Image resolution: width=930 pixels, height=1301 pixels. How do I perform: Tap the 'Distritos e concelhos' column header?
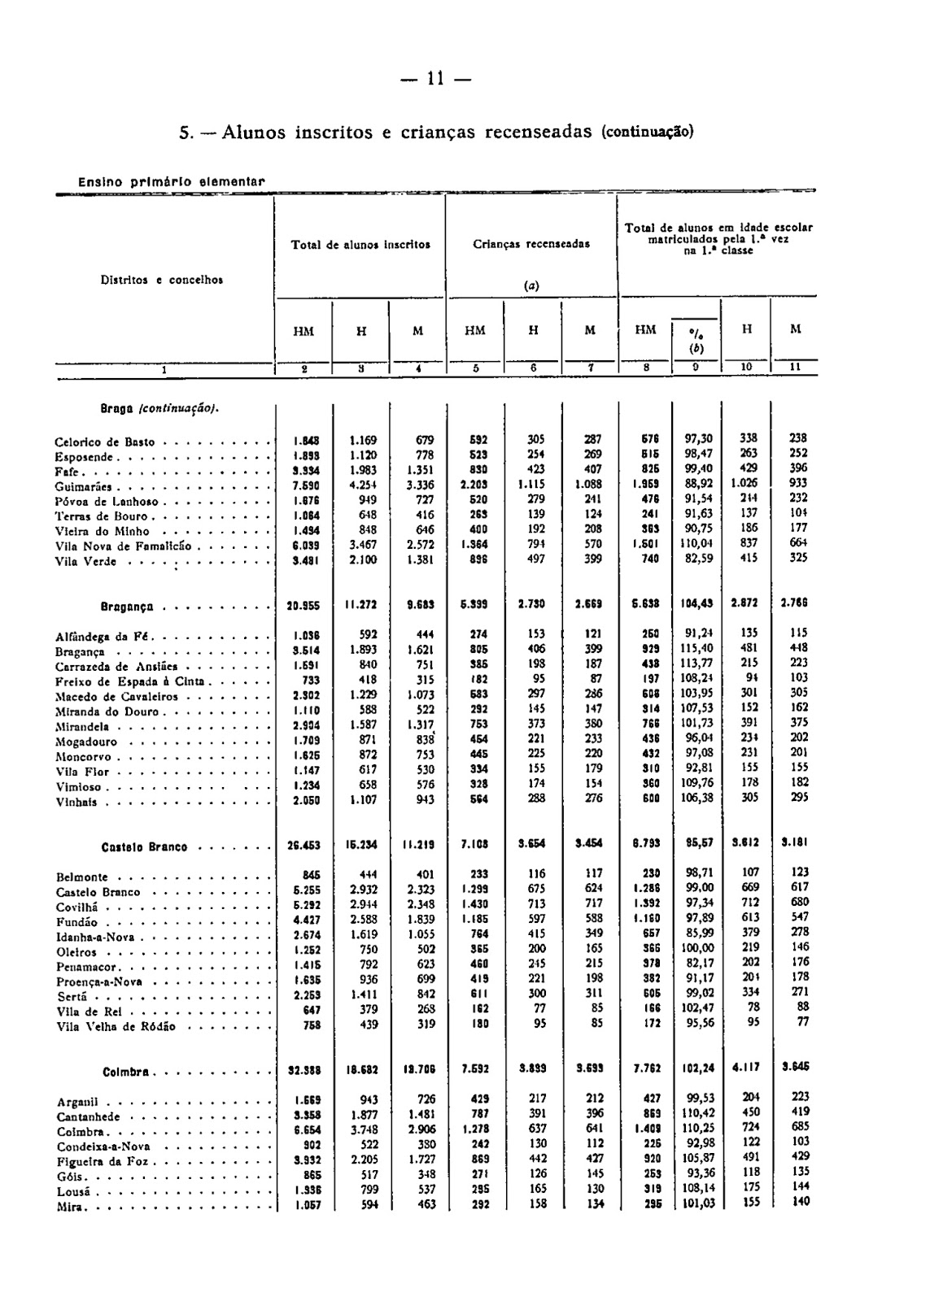[162, 280]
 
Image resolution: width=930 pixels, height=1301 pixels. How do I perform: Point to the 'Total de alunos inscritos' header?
[360, 243]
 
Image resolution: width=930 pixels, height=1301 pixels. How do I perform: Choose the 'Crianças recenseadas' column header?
[531, 243]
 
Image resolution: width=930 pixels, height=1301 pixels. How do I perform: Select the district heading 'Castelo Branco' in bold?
[144, 847]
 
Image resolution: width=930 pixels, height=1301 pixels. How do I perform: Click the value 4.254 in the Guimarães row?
[362, 486]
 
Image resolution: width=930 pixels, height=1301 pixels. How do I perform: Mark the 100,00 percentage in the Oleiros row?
[697, 947]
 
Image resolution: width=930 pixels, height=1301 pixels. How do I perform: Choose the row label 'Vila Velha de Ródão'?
[116, 1027]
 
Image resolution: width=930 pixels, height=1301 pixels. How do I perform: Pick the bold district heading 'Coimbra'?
[125, 1073]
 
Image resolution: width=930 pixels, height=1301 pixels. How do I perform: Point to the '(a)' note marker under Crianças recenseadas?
[531, 285]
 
